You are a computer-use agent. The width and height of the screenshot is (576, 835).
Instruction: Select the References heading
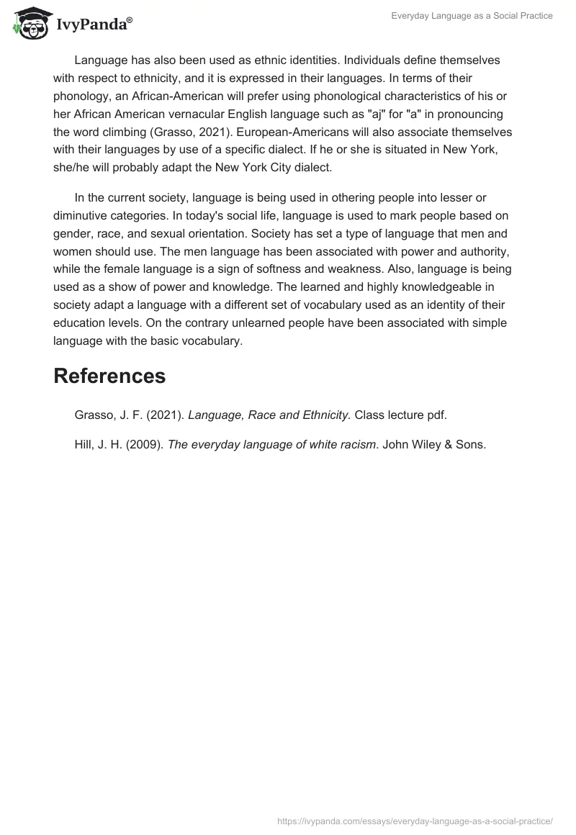point(109,375)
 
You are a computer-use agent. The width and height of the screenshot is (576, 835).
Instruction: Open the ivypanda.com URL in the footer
point(415,820)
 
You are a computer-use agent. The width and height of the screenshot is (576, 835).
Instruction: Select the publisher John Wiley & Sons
point(434,445)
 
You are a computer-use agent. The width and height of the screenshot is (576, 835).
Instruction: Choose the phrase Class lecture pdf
point(405,415)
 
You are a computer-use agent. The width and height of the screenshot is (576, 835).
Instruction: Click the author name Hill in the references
point(86,445)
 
